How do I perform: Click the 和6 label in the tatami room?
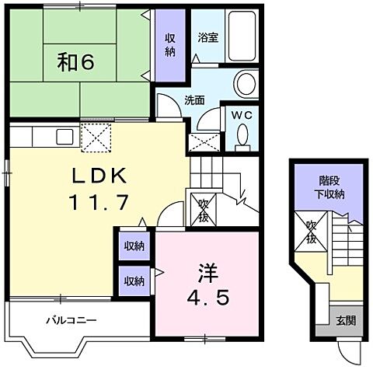75,62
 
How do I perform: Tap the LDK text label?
99,176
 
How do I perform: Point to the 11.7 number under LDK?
99,202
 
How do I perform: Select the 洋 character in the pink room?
208,274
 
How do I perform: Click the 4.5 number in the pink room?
208,298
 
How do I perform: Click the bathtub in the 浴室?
242,36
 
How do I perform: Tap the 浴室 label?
208,38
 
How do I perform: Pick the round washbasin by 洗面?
246,84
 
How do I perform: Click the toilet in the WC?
242,138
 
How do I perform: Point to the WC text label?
242,115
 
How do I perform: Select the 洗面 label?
194,100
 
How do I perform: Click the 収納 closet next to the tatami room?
170,45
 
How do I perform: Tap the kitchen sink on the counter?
64,137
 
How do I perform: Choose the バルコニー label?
71,320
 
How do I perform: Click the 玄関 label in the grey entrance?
346,321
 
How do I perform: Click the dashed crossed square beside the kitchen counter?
96,138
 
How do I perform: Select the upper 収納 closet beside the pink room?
134,246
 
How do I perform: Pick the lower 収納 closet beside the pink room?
134,281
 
